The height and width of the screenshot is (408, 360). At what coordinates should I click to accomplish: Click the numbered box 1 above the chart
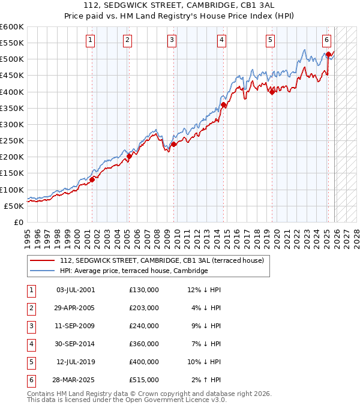pyautogui.click(x=90, y=40)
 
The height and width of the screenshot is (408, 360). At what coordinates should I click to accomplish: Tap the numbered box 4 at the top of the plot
pyautogui.click(x=221, y=40)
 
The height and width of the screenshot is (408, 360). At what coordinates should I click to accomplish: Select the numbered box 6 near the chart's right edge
pyautogui.click(x=326, y=40)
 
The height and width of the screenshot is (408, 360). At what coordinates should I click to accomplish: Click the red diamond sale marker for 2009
pyautogui.click(x=173, y=144)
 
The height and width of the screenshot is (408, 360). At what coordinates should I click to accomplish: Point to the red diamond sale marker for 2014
pyautogui.click(x=223, y=105)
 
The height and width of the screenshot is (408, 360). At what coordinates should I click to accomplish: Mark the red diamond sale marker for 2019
pyautogui.click(x=272, y=92)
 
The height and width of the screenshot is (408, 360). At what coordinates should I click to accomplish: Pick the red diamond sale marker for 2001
pyautogui.click(x=92, y=179)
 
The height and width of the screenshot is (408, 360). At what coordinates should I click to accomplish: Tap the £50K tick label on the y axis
pyautogui.click(x=14, y=206)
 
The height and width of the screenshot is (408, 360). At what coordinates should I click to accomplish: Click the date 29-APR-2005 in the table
pyautogui.click(x=75, y=308)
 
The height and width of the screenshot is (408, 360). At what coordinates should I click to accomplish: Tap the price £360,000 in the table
pyautogui.click(x=143, y=344)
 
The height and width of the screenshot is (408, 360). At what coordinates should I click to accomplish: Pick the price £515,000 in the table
pyautogui.click(x=143, y=380)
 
